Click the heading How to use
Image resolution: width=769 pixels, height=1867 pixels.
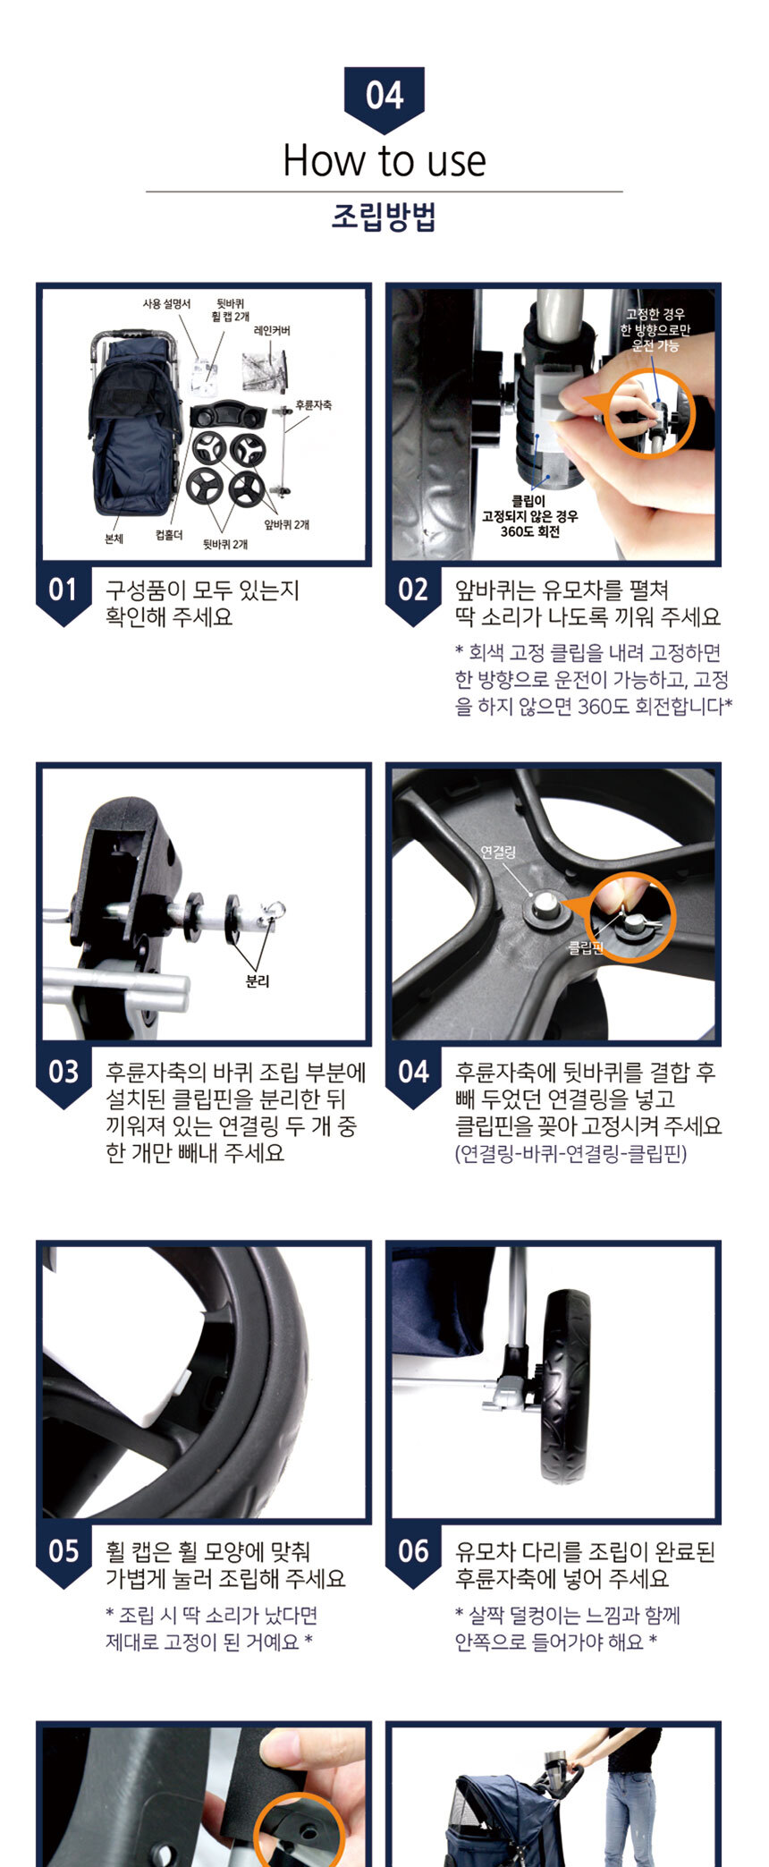pos(384,161)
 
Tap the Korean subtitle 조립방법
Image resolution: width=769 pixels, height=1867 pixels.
pos(384,217)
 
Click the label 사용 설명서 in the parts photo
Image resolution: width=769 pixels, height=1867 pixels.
pos(166,304)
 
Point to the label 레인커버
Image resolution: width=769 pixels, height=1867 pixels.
pos(272,331)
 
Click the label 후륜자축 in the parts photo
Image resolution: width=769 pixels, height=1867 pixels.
pos(314,405)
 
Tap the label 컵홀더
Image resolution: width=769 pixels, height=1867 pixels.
pos(169,535)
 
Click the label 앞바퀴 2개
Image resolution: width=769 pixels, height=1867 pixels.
pos(287,525)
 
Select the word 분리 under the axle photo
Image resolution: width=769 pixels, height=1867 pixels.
pos(258,981)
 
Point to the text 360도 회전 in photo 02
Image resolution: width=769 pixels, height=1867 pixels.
pos(530,531)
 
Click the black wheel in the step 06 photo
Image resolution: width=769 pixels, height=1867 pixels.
pos(565,1387)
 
